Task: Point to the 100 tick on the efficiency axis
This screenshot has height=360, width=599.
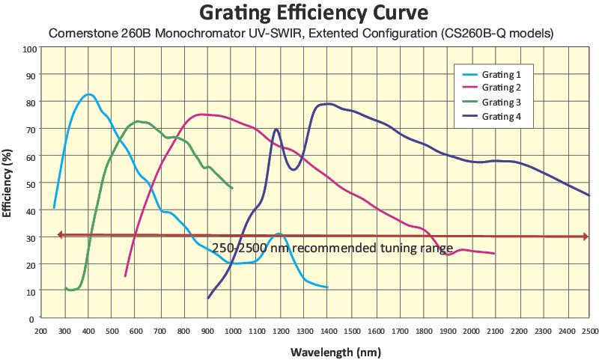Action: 31,49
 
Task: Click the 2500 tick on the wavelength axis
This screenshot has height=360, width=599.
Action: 589,329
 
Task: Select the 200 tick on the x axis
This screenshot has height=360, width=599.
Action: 42,329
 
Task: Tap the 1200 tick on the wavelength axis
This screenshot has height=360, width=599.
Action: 280,329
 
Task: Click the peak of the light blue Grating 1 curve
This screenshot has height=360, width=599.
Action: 89,94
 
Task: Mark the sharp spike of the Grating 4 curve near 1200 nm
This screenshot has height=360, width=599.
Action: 277,129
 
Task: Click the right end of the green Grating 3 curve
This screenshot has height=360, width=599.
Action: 232,188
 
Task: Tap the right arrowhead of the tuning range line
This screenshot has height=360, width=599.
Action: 586,237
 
